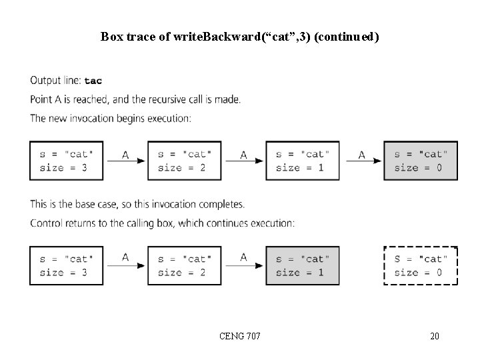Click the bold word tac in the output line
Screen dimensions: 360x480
pyautogui.click(x=93, y=81)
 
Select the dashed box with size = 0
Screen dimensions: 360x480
pyautogui.click(x=421, y=265)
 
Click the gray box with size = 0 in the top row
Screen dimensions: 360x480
pyautogui.click(x=421, y=161)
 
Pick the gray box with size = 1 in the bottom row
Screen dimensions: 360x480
pyautogui.click(x=302, y=265)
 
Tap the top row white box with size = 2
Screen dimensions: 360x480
pyautogui.click(x=184, y=161)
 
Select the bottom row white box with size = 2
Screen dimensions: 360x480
pyautogui.click(x=184, y=265)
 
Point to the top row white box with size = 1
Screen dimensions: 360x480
pyautogui.click(x=302, y=161)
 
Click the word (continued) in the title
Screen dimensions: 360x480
pyautogui.click(x=346, y=36)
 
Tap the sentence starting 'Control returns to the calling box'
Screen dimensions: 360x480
pyautogui.click(x=162, y=223)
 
